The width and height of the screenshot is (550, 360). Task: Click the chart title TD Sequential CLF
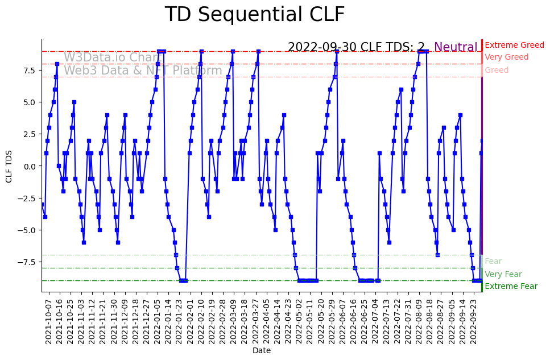[254, 15]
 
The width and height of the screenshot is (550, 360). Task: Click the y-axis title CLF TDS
[9, 166]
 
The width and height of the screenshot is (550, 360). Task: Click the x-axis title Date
[262, 351]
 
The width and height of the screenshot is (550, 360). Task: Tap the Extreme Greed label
[514, 45]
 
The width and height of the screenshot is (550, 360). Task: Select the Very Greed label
[506, 57]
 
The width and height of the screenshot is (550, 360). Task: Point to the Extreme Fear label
[511, 287]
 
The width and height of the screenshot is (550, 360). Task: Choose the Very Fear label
[503, 274]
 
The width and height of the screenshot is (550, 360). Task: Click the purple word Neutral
[456, 47]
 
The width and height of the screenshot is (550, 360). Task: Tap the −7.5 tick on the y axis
[26, 262]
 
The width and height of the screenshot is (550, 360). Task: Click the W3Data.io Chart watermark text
[112, 57]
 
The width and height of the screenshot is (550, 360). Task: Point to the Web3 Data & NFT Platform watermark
[143, 71]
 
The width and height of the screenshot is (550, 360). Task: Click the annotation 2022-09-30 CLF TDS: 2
[356, 47]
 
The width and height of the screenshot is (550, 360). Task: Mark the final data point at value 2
[482, 140]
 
